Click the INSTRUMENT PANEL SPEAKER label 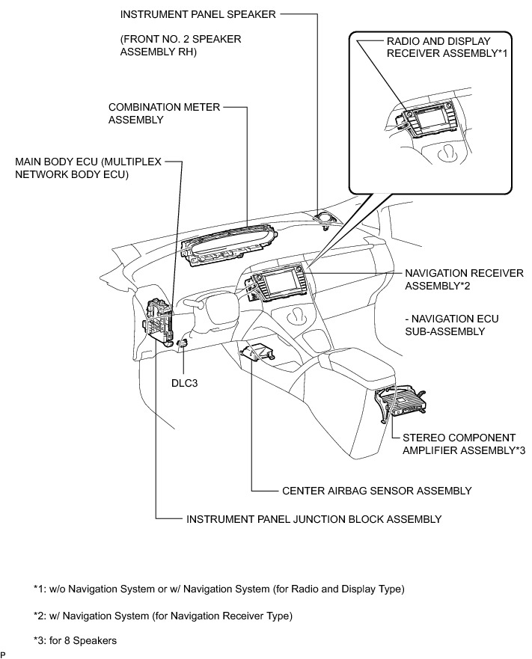pyautogui.click(x=198, y=14)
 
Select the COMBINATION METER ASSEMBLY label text pyautogui.click(x=165, y=113)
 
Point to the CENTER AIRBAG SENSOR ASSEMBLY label pyautogui.click(x=376, y=491)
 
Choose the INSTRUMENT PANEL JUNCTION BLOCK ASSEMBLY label pyautogui.click(x=314, y=518)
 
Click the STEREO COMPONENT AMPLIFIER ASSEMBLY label pyautogui.click(x=459, y=444)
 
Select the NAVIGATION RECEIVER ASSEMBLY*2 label pyautogui.click(x=464, y=279)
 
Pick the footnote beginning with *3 pyautogui.click(x=75, y=641)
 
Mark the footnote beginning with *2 pyautogui.click(x=162, y=616)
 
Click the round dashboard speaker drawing pyautogui.click(x=325, y=217)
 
